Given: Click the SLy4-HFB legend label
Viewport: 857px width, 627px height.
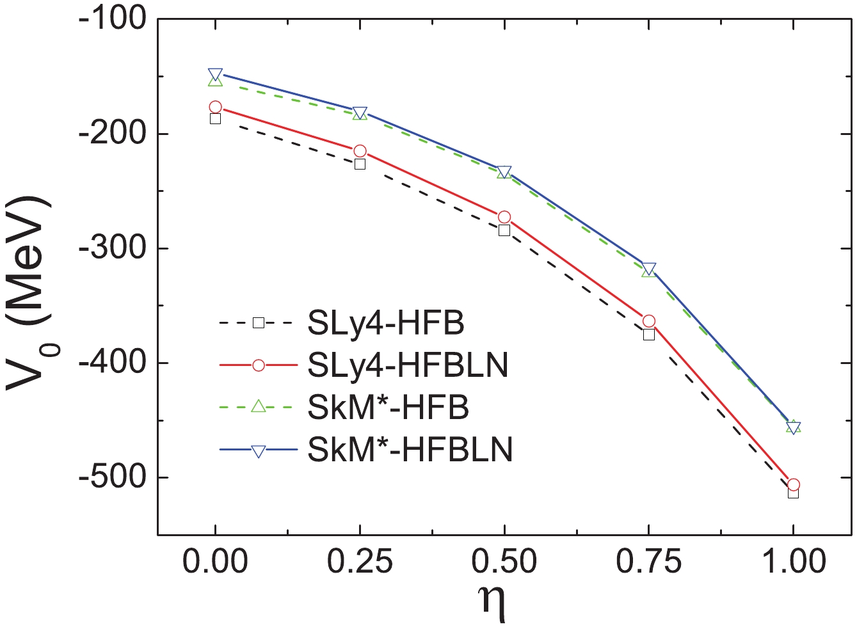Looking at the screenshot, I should pyautogui.click(x=385, y=324).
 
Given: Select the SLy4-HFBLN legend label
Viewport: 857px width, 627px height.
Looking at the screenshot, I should pyautogui.click(x=408, y=365).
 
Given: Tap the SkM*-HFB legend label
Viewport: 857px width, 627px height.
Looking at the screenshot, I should pyautogui.click(x=388, y=408).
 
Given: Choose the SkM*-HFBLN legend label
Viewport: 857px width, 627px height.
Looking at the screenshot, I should pyautogui.click(x=410, y=450).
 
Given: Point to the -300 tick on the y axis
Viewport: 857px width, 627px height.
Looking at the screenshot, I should pyautogui.click(x=111, y=248).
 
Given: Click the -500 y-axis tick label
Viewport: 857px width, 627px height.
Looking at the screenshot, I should pyautogui.click(x=111, y=477).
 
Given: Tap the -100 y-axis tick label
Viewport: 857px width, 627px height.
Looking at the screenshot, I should pyautogui.click(x=111, y=20).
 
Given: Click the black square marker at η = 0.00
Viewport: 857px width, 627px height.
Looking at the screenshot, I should pyautogui.click(x=215, y=118).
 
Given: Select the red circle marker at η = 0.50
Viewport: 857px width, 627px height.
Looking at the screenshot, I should pyautogui.click(x=504, y=218).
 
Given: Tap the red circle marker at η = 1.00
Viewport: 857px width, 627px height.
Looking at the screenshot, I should pyautogui.click(x=793, y=485).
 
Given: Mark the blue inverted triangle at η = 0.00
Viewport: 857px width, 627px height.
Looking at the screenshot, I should pyautogui.click(x=215, y=74).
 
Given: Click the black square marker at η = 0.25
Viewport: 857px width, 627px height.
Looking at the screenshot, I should pyautogui.click(x=360, y=164).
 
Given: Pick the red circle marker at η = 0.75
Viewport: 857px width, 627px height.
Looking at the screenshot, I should pyautogui.click(x=648, y=321).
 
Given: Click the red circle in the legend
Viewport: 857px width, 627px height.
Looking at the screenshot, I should pyautogui.click(x=259, y=365).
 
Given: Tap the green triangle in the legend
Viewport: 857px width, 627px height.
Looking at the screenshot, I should pyautogui.click(x=259, y=407).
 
